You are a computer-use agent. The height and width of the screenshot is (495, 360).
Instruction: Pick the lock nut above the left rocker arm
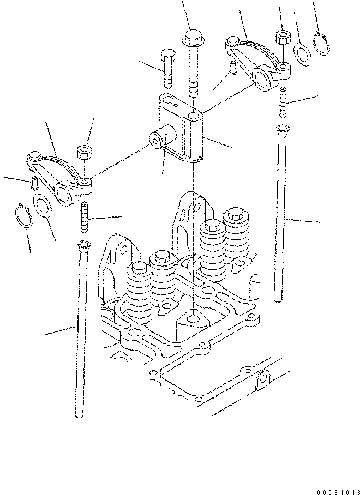[x=83, y=151]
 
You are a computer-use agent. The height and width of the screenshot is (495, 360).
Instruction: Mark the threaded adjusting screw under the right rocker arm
[x=284, y=102]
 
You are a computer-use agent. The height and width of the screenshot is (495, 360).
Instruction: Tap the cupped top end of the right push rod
[x=281, y=130]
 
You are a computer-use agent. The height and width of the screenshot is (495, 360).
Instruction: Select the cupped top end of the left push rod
[x=83, y=246]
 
